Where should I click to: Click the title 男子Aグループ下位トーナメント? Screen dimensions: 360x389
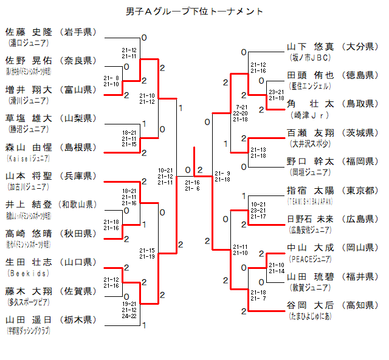click(x=194, y=12)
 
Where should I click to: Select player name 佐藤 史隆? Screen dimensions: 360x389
click(x=29, y=32)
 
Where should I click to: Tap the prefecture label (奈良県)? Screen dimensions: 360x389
click(x=78, y=60)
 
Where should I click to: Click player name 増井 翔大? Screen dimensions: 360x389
click(x=29, y=89)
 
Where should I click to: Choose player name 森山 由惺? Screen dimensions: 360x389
click(x=29, y=147)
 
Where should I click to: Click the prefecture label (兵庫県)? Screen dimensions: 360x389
click(x=78, y=175)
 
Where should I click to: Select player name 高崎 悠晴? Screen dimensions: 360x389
click(x=29, y=233)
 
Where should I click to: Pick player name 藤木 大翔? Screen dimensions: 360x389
click(x=29, y=291)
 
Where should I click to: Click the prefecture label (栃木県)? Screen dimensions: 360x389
click(x=78, y=319)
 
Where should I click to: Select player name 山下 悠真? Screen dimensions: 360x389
click(x=310, y=46)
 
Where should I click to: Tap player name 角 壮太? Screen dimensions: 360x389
click(x=310, y=104)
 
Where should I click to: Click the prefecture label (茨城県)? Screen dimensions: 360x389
click(x=360, y=132)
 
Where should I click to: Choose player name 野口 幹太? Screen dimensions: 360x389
click(x=310, y=161)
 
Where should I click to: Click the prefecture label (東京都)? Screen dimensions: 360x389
click(x=360, y=190)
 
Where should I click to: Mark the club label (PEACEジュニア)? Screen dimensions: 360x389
click(x=310, y=259)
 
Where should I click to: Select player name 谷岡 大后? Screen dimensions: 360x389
click(x=310, y=305)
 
